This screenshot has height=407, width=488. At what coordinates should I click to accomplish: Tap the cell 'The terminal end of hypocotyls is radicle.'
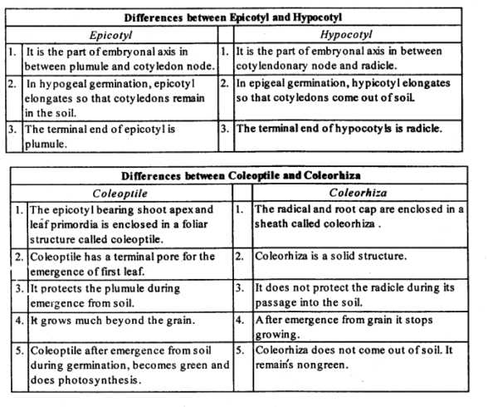[339, 130]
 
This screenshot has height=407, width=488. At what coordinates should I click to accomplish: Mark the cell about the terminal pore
[121, 262]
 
